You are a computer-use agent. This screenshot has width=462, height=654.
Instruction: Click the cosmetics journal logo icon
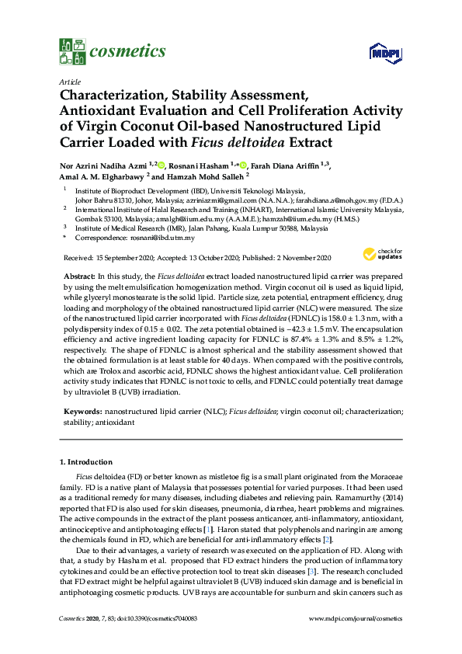(71, 51)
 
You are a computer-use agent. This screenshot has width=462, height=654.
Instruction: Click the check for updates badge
(380, 255)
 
